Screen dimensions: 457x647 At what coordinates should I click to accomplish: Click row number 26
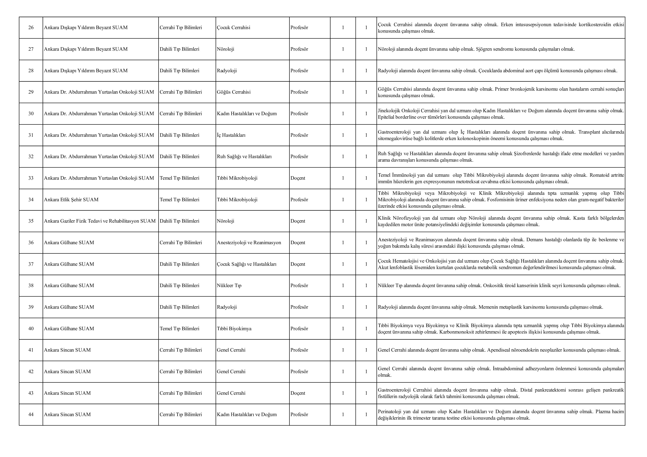click(31, 28)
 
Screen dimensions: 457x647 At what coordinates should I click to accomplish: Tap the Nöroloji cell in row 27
click(225, 49)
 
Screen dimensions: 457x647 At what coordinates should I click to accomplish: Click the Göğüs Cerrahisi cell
click(234, 92)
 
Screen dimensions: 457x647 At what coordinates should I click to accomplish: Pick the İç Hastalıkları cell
click(231, 135)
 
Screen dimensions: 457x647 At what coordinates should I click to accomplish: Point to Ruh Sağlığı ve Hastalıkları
click(244, 157)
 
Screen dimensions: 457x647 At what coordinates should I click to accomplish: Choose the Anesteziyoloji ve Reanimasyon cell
click(249, 243)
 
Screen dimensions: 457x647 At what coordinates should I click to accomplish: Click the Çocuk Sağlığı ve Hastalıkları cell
click(247, 264)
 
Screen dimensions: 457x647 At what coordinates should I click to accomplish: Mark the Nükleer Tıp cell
click(229, 285)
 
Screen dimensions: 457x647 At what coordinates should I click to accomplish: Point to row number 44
click(31, 414)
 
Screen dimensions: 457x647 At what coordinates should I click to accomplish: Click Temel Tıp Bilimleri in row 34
click(179, 200)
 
